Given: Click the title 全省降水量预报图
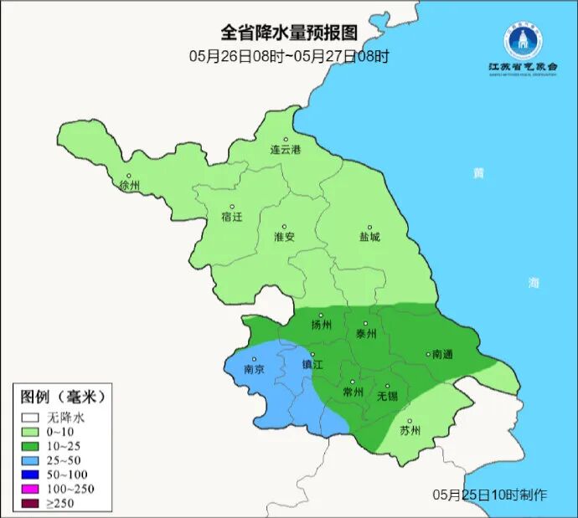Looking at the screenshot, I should (x=289, y=33).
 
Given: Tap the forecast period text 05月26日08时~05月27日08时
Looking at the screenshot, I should (x=289, y=56).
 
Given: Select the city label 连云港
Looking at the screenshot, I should (x=285, y=150).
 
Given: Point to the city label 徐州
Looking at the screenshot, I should (x=130, y=185).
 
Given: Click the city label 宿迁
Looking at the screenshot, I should (x=231, y=217).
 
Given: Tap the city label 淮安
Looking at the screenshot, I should (x=284, y=237).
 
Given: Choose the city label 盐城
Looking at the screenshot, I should (x=369, y=237).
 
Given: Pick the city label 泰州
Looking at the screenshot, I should (x=366, y=333).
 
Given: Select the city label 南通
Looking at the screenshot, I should (x=441, y=355).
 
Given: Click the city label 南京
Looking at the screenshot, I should (x=254, y=369).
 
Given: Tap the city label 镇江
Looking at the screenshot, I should (x=312, y=365).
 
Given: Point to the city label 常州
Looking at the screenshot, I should (x=354, y=392).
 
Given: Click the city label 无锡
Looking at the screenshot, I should (x=387, y=395).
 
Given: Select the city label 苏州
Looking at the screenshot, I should (x=410, y=431).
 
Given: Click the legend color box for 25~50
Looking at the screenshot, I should (x=31, y=459).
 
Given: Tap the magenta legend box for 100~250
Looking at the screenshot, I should (x=31, y=488).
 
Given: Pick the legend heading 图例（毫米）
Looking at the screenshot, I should (x=63, y=396).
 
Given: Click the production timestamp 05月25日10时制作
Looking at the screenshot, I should (x=490, y=495).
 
